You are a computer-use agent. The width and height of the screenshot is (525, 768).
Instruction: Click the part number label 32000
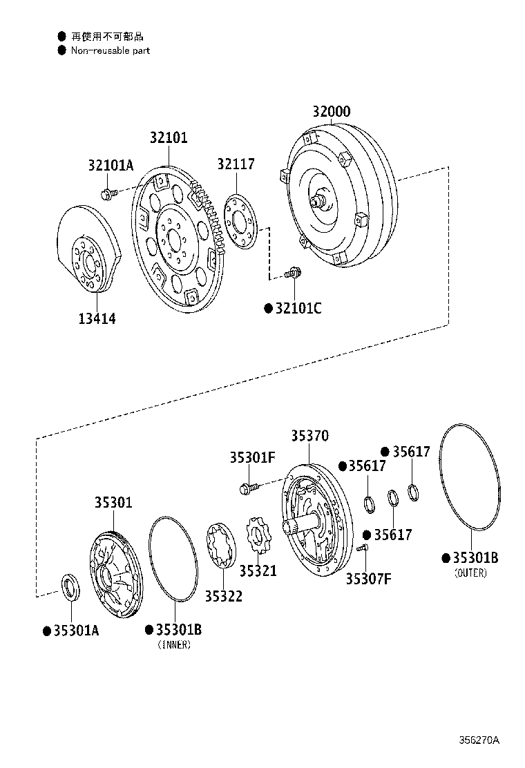point(331,112)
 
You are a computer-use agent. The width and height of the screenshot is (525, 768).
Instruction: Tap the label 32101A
point(111,165)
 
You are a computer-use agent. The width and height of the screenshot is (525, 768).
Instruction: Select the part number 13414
point(97,318)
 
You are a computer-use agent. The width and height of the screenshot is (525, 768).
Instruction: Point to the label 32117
point(236,164)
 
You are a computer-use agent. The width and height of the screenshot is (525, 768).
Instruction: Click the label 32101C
point(298,308)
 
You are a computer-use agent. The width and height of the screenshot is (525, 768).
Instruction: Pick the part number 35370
point(309,436)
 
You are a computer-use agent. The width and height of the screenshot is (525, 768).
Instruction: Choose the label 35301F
point(253,457)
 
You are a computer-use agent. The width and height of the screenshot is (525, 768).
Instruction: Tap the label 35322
point(223,595)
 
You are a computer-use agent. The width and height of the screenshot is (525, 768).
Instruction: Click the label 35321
point(258,571)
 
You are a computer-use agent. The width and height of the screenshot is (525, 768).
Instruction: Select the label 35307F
point(369,578)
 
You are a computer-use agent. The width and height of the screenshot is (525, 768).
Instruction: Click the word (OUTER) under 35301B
point(470,573)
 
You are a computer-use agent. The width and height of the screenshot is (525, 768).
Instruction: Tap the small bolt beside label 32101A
point(107,193)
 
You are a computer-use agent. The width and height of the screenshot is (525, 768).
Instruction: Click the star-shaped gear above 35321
point(258,536)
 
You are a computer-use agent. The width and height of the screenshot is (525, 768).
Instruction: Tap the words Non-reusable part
point(111,50)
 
